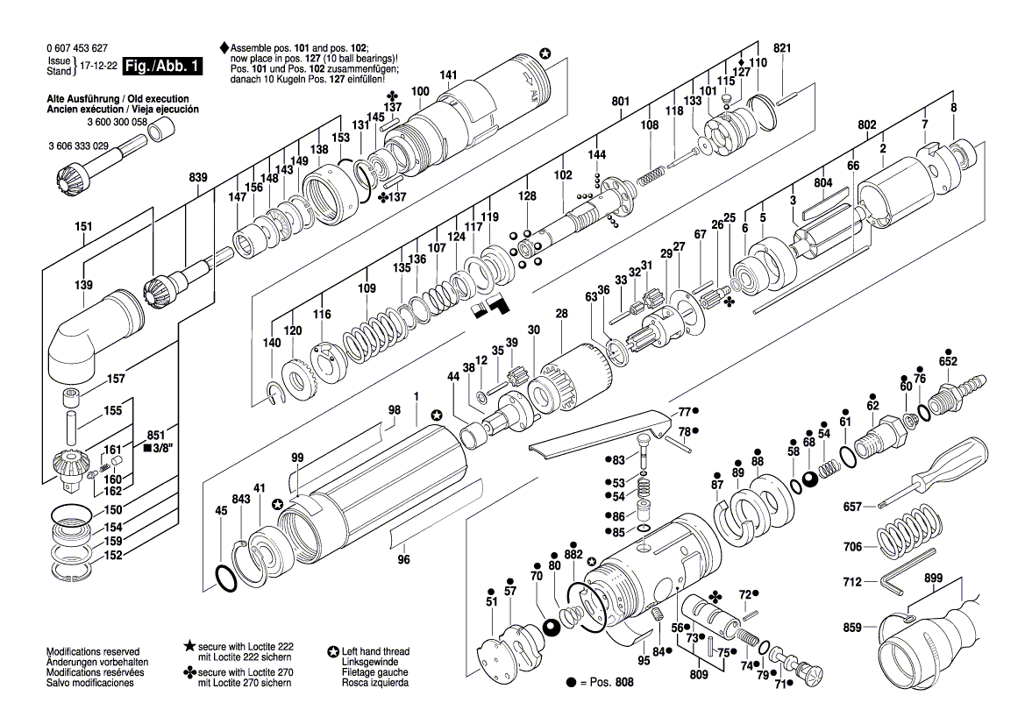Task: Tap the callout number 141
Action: click(x=448, y=75)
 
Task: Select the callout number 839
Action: click(x=198, y=178)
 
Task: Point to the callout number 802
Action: click(x=866, y=126)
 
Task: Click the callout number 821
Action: click(x=782, y=47)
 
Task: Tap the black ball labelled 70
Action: click(x=552, y=627)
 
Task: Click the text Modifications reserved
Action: click(x=92, y=652)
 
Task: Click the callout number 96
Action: click(x=403, y=560)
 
